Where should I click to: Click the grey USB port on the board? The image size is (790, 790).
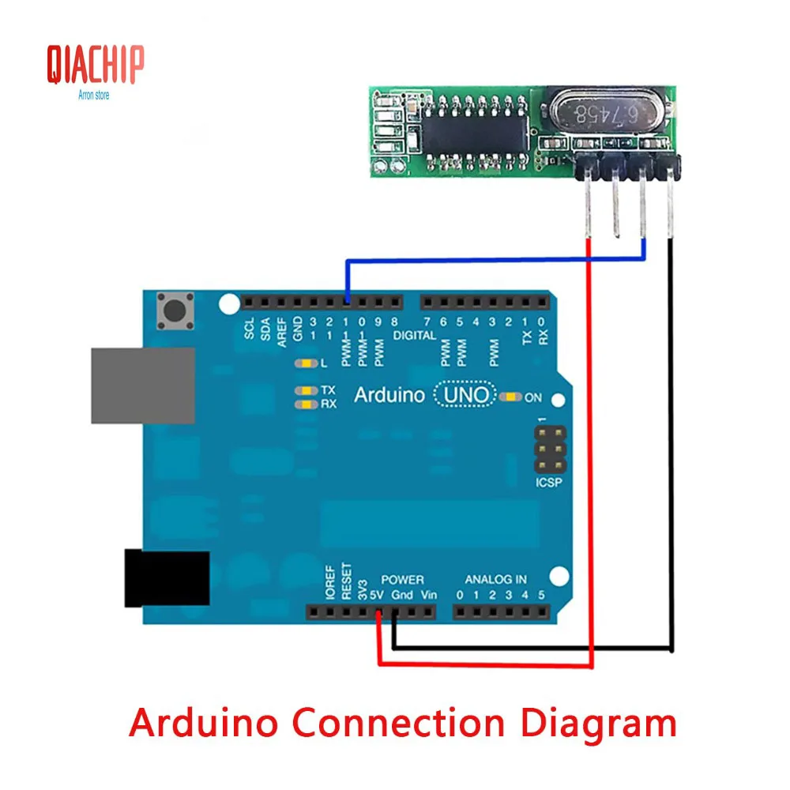pos(142,385)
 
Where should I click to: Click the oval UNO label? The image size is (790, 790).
pos(465,394)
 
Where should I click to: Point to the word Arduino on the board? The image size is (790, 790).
pos(389,395)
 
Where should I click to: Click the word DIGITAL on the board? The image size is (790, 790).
pos(415,336)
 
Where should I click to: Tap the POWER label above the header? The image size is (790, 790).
pos(402,580)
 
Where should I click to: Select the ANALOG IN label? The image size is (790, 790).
pos(495,580)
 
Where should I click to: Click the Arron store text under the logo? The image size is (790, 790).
pos(94,96)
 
